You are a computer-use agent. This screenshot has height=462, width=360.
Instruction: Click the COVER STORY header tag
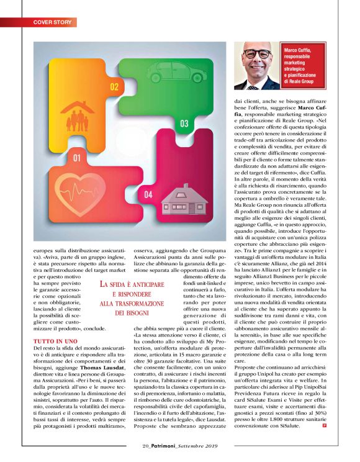pyautogui.click(x=53, y=22)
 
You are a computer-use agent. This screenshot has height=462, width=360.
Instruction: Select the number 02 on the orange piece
pyautogui.click(x=114, y=88)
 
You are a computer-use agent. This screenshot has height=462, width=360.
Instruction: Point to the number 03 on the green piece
pyautogui.click(x=184, y=124)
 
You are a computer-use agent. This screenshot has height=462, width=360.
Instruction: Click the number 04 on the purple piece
pyautogui.click(x=149, y=195)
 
